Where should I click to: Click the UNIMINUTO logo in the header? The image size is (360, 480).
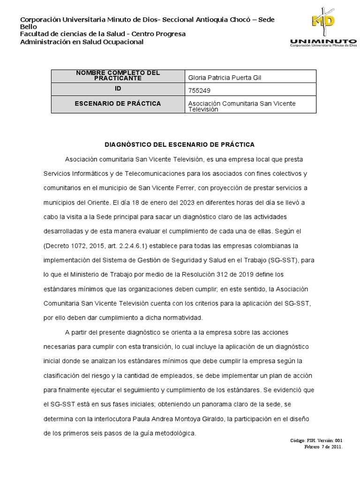click(x=323, y=28)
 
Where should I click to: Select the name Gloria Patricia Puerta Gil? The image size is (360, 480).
click(x=224, y=77)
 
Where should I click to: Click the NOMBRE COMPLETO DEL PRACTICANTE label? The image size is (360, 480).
click(x=118, y=75)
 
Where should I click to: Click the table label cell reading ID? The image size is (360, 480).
click(x=118, y=88)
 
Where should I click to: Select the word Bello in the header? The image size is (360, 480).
click(x=28, y=27)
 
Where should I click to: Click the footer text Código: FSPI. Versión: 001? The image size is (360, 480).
click(x=317, y=441)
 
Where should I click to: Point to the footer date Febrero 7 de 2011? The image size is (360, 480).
click(x=323, y=447)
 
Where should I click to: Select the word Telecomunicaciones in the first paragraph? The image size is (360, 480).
click(x=154, y=173)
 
